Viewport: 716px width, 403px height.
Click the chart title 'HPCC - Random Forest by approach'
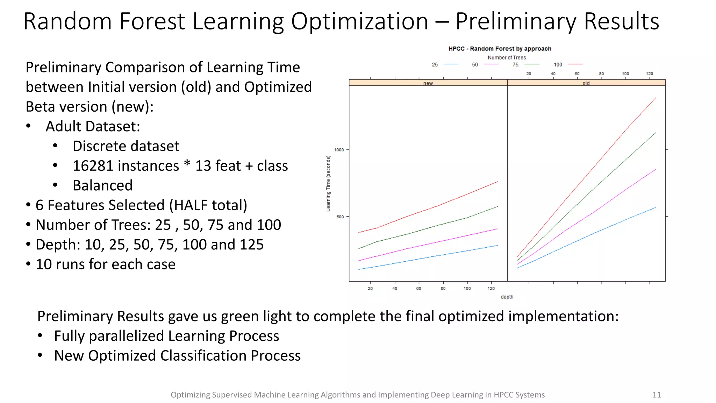pos(500,49)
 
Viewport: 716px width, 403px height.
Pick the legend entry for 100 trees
pos(568,64)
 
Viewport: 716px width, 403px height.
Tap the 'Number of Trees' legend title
pos(507,57)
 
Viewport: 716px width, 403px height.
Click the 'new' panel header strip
pos(428,83)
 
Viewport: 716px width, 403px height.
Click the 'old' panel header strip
pos(586,83)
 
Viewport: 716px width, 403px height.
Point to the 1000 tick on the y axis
pos(339,150)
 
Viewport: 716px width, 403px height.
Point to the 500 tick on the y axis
pos(340,217)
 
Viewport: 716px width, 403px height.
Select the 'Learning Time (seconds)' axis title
pos(328,184)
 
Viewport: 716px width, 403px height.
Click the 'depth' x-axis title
pos(507,297)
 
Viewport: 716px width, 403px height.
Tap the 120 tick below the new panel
pos(491,289)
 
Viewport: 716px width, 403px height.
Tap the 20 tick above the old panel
pos(529,74)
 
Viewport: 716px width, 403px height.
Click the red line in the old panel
pos(594,168)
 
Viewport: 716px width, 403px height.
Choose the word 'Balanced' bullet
pos(102,185)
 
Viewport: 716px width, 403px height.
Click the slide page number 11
pos(657,395)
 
